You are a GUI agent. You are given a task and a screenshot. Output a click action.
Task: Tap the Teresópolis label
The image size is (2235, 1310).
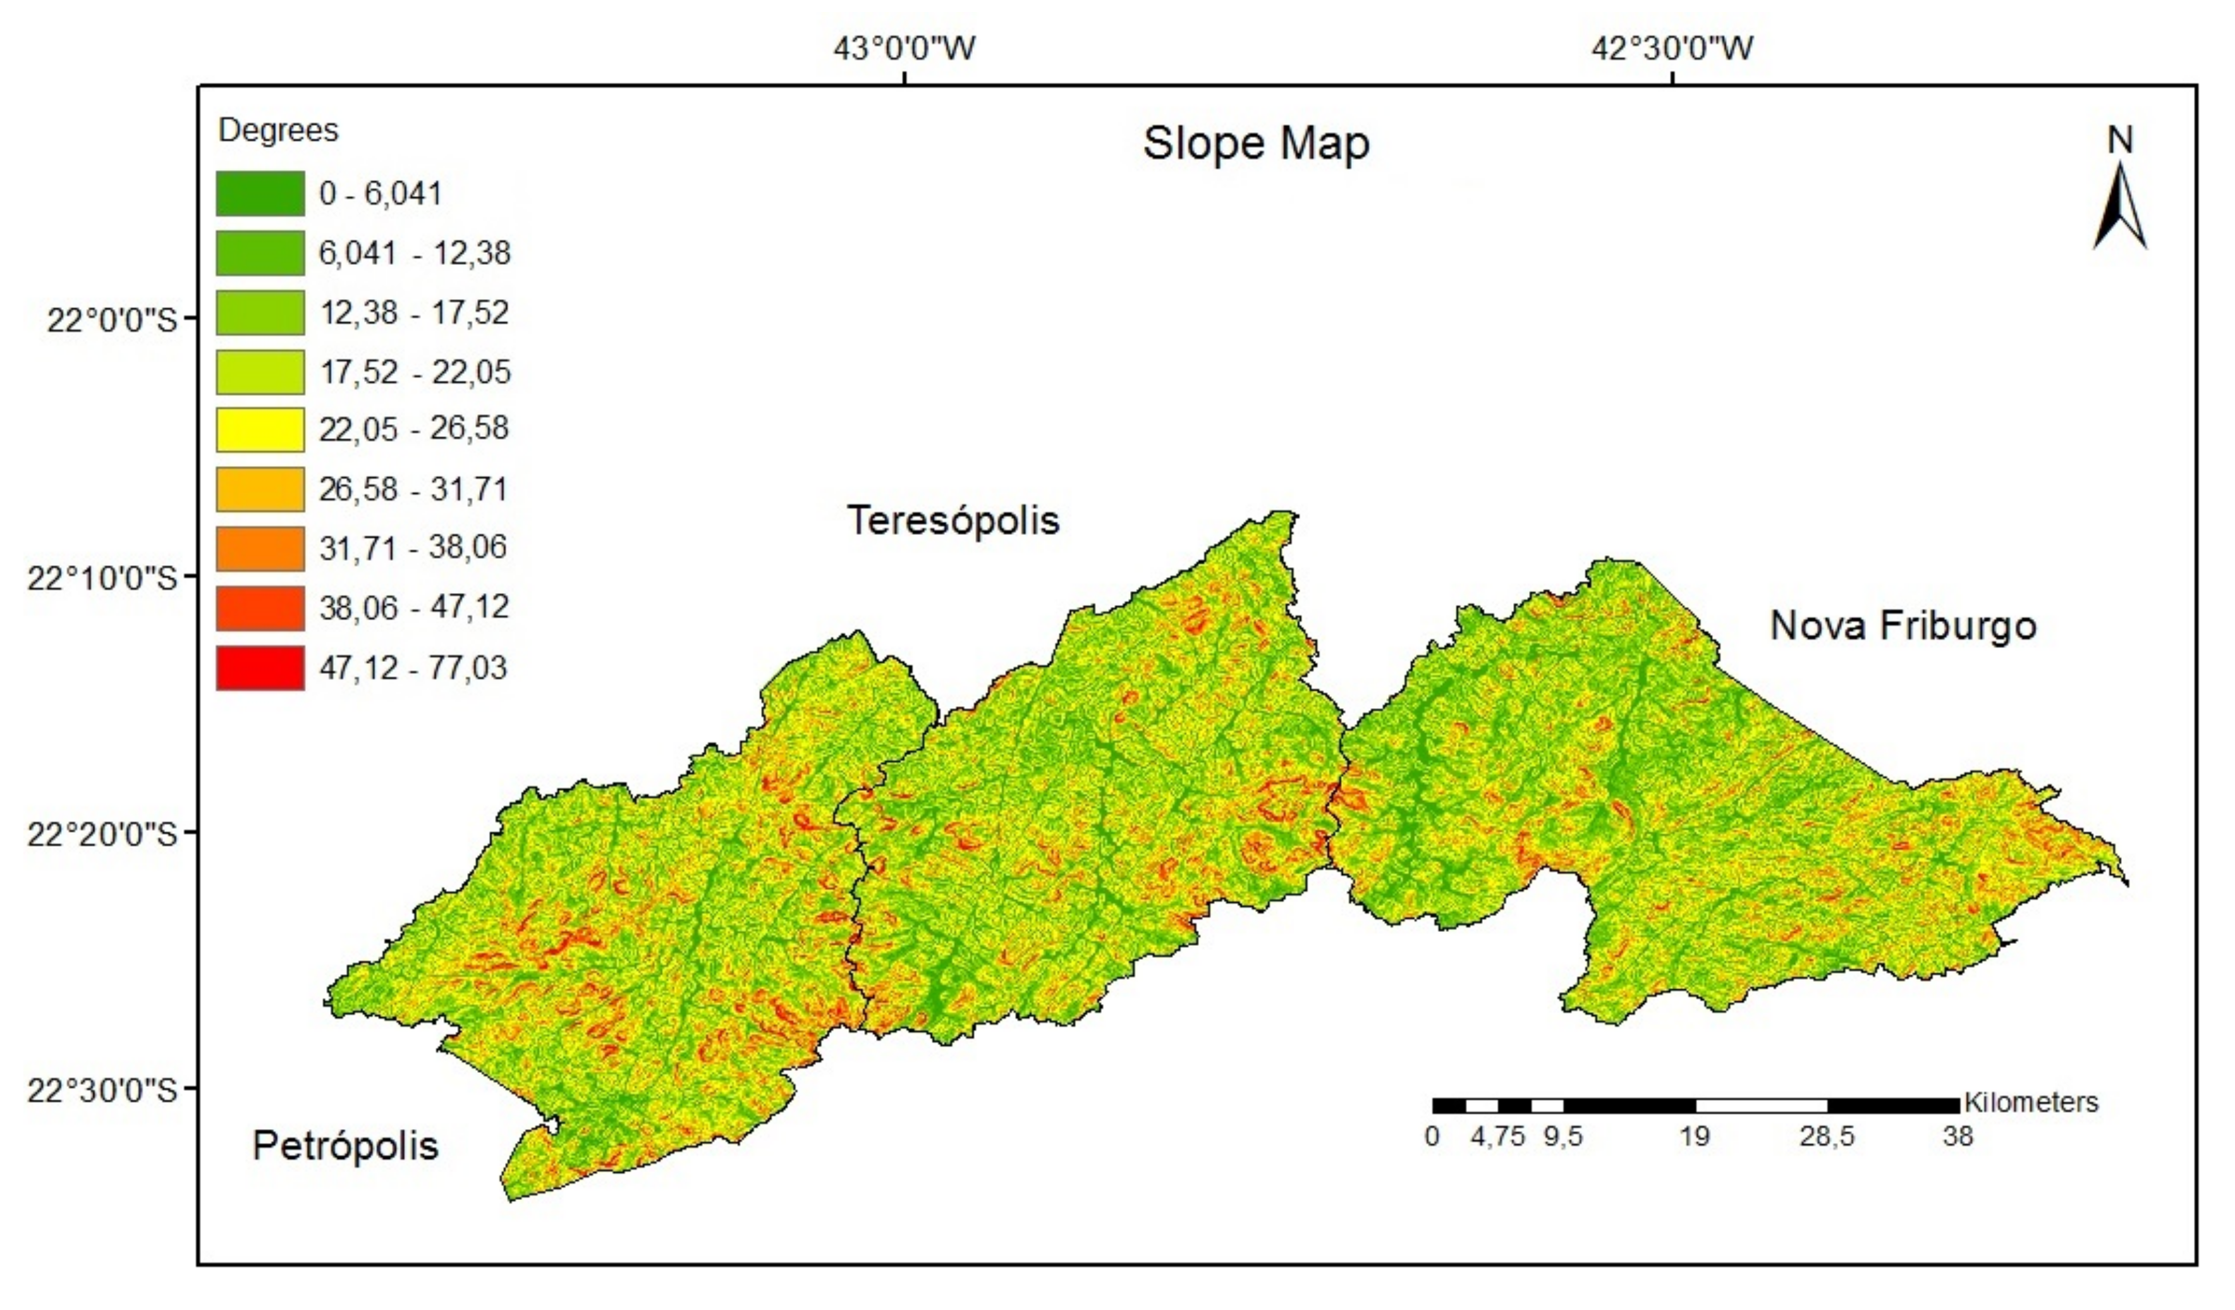(953, 520)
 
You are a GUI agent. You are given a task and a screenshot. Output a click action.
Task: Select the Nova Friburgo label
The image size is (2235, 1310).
(1903, 626)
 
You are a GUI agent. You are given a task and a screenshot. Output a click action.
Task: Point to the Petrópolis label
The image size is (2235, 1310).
(345, 1146)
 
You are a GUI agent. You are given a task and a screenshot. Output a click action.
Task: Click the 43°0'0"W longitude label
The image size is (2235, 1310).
(904, 48)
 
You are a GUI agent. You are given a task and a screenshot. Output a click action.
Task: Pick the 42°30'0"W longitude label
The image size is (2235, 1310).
(1672, 48)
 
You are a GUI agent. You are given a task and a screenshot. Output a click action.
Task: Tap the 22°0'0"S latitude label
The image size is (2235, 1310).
(112, 319)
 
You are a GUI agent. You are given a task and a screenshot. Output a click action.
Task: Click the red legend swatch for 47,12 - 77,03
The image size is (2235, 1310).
(260, 668)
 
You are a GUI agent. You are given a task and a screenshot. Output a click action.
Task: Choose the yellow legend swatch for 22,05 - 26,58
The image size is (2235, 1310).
(260, 430)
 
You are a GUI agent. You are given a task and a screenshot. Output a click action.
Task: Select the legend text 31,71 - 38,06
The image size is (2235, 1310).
(413, 548)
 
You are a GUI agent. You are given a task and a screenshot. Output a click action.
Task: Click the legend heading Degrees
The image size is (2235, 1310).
(279, 130)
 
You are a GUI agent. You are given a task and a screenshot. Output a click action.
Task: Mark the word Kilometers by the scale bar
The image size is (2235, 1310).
(2030, 1103)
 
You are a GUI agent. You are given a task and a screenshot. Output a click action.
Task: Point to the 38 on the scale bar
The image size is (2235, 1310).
(1958, 1136)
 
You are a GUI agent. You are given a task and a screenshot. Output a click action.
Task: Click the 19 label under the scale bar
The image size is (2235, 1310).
(1694, 1136)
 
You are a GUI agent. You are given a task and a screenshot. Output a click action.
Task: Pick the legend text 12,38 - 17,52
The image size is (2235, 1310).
(414, 312)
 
